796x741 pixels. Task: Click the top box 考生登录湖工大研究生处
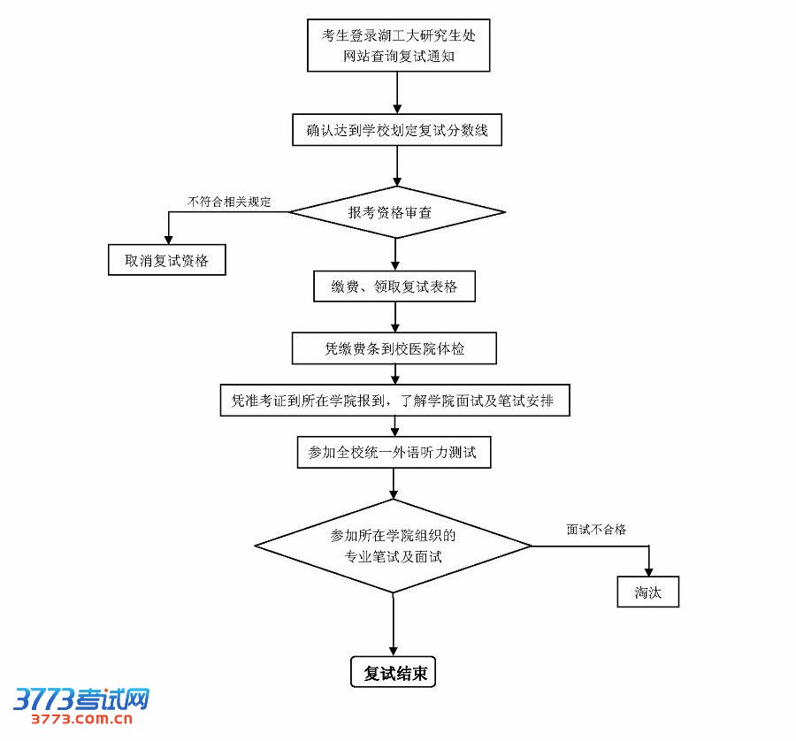[397, 46]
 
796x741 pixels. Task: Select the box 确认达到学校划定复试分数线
[397, 131]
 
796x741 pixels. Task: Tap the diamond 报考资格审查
[396, 212]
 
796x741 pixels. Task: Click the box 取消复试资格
[165, 260]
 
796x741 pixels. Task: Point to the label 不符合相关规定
[228, 202]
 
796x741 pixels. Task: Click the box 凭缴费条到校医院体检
[394, 348]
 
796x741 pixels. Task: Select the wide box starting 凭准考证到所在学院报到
[394, 400]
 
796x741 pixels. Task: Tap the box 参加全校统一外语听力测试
[393, 452]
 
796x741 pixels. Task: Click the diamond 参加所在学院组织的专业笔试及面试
[393, 546]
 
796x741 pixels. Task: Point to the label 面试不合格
[596, 530]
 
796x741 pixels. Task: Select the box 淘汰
[648, 592]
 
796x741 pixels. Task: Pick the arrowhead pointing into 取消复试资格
[168, 237]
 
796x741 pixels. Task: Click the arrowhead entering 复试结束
[394, 649]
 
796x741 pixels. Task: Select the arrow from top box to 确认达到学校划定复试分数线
[397, 93]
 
